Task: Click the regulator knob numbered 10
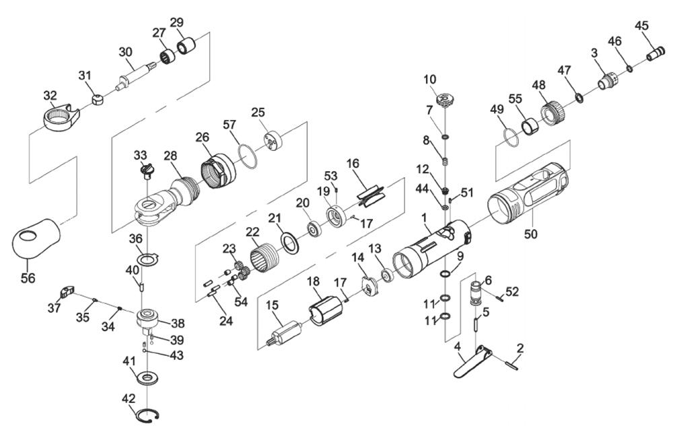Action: pos(443,102)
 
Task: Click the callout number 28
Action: pos(170,156)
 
